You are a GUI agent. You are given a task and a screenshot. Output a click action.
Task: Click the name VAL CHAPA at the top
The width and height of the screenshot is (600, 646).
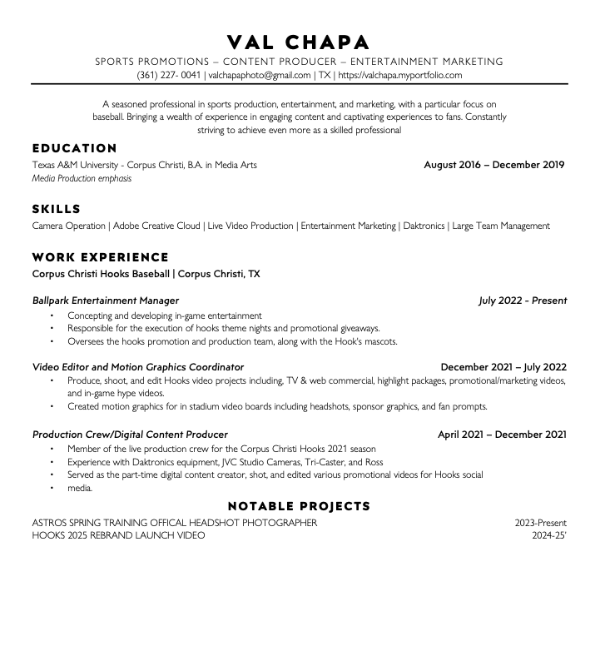(299, 42)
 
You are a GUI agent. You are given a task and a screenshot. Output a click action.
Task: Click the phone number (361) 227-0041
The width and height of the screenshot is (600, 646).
(169, 75)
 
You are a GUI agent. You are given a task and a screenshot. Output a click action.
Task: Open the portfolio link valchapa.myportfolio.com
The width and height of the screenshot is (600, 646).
(400, 75)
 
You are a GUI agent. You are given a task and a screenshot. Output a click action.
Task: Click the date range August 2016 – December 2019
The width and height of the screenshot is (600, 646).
(494, 165)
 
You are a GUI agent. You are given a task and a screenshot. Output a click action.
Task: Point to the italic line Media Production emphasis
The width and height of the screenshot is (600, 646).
(82, 178)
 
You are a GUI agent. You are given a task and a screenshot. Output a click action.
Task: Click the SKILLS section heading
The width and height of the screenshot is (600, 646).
(57, 209)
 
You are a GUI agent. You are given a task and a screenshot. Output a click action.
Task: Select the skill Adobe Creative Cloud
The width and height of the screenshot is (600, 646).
(156, 226)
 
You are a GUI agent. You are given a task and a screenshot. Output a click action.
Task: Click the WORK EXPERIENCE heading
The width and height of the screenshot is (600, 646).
(100, 257)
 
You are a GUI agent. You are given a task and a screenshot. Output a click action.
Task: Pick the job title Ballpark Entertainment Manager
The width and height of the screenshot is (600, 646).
(106, 301)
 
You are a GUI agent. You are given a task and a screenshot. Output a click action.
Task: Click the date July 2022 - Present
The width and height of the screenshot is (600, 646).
(523, 301)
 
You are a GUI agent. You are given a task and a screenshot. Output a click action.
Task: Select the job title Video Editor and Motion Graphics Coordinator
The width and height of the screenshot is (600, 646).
(138, 366)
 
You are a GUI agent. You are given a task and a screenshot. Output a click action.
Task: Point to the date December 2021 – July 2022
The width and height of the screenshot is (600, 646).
(503, 366)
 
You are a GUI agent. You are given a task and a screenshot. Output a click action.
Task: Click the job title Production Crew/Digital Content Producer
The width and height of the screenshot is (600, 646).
(130, 435)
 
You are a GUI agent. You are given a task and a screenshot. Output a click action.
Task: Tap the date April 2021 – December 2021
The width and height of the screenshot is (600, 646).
(503, 435)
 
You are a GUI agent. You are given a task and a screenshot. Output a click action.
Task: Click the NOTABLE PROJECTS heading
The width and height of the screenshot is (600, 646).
(299, 506)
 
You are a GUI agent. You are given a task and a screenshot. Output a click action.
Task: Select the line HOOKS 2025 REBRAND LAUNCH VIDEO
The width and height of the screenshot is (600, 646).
(118, 535)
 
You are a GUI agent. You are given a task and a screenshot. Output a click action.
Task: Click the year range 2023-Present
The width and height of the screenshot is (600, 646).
(541, 523)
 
